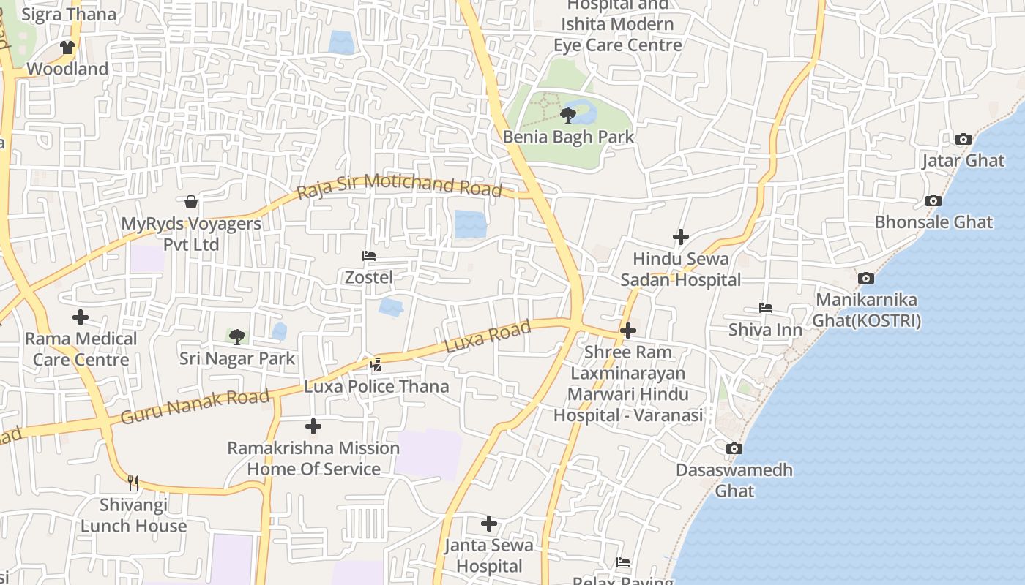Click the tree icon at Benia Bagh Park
pyautogui.click(x=567, y=115)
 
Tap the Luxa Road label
pyautogui.click(x=488, y=337)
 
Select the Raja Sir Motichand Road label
pyautogui.click(x=400, y=185)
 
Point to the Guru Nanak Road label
pyautogui.click(x=195, y=407)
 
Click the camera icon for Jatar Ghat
pyautogui.click(x=963, y=139)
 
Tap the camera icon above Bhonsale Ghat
pyautogui.click(x=933, y=200)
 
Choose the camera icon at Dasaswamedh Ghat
pyautogui.click(x=734, y=448)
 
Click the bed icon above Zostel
pyautogui.click(x=369, y=256)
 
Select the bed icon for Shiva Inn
pyautogui.click(x=766, y=308)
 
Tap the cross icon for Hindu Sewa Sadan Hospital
pyautogui.click(x=681, y=236)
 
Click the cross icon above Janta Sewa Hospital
pyautogui.click(x=489, y=523)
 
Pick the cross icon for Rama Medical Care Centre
pyautogui.click(x=81, y=317)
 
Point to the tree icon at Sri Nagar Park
pyautogui.click(x=236, y=336)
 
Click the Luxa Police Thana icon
pyautogui.click(x=376, y=364)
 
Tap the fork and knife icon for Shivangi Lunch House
pyautogui.click(x=133, y=483)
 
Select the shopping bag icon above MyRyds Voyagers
pyautogui.click(x=191, y=201)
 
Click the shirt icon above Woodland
pyautogui.click(x=67, y=48)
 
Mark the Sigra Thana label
pyautogui.click(x=70, y=14)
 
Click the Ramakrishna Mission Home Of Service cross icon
pyautogui.click(x=313, y=426)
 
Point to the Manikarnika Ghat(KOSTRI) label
pyautogui.click(x=867, y=310)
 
